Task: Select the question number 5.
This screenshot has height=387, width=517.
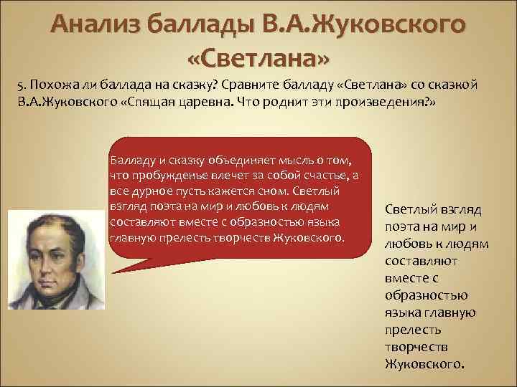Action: [x=22, y=85]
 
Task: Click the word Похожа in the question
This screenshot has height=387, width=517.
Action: [x=51, y=85]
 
